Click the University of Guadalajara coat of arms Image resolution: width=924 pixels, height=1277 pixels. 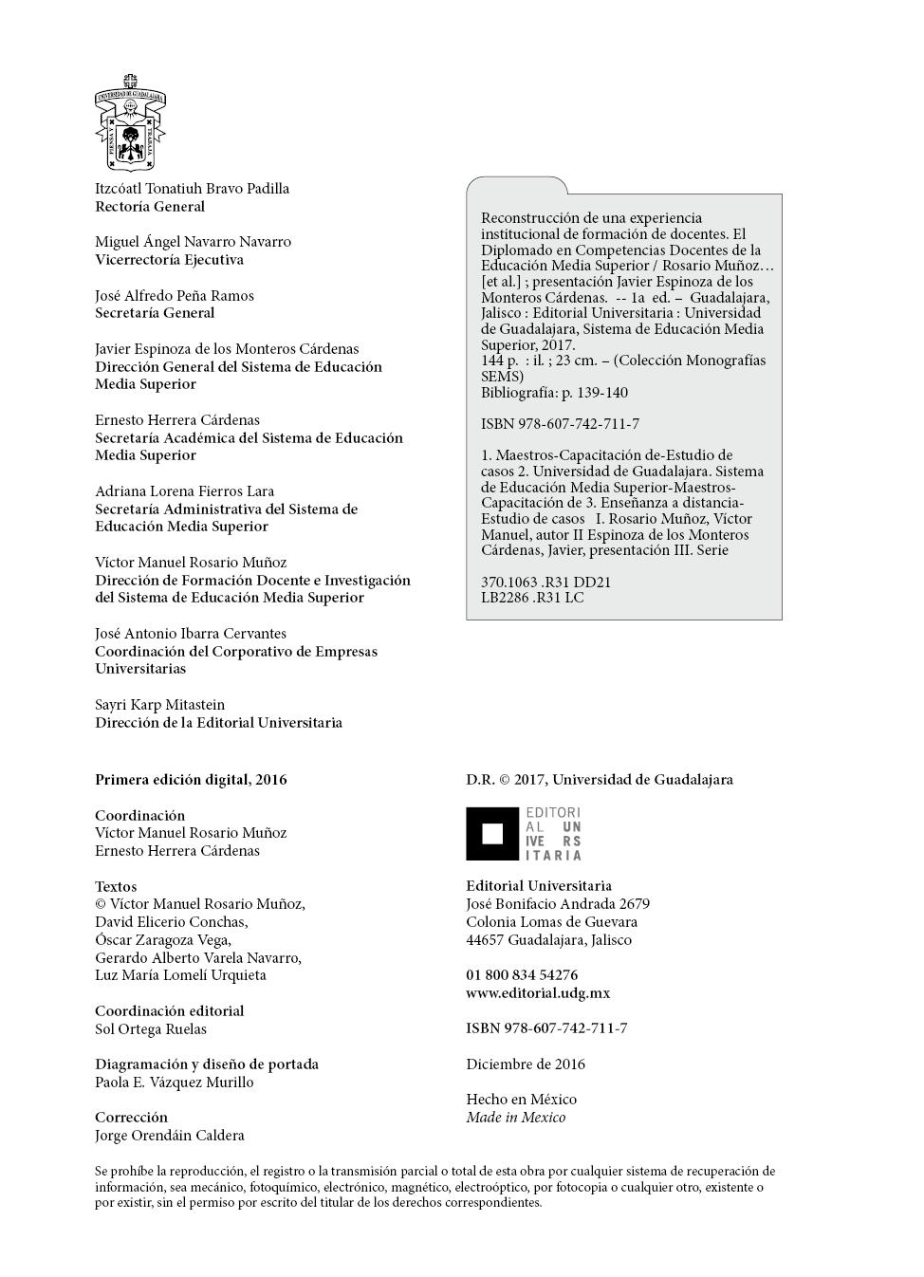[x=130, y=123]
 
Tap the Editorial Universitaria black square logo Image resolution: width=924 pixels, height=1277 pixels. [x=492, y=834]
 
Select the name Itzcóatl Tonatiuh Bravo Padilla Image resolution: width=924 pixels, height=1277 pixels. [x=192, y=189]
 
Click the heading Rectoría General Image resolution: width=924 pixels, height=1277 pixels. [x=150, y=207]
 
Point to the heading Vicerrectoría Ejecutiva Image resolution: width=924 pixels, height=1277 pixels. [x=169, y=260]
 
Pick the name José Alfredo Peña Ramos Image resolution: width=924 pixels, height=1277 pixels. [x=175, y=296]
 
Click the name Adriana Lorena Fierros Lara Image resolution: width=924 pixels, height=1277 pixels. [x=184, y=491]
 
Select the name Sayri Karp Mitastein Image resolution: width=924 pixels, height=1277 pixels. [x=159, y=705]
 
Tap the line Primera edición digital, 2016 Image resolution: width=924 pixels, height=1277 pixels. [x=191, y=780]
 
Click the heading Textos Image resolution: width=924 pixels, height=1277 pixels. [x=116, y=887]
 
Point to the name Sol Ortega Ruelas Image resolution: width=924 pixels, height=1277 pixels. [x=151, y=1029]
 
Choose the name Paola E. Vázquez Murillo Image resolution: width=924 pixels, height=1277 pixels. [x=175, y=1083]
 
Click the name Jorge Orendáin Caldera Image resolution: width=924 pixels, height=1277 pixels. [x=170, y=1136]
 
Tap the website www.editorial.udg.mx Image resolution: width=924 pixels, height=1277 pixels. [x=538, y=993]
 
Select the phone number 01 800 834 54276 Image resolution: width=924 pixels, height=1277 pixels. [x=522, y=975]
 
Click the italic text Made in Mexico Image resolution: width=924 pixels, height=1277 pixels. [x=515, y=1118]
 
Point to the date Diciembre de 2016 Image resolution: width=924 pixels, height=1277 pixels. [x=526, y=1064]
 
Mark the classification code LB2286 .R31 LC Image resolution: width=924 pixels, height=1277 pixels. [x=532, y=598]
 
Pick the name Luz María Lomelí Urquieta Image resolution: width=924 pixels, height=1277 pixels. [x=180, y=975]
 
